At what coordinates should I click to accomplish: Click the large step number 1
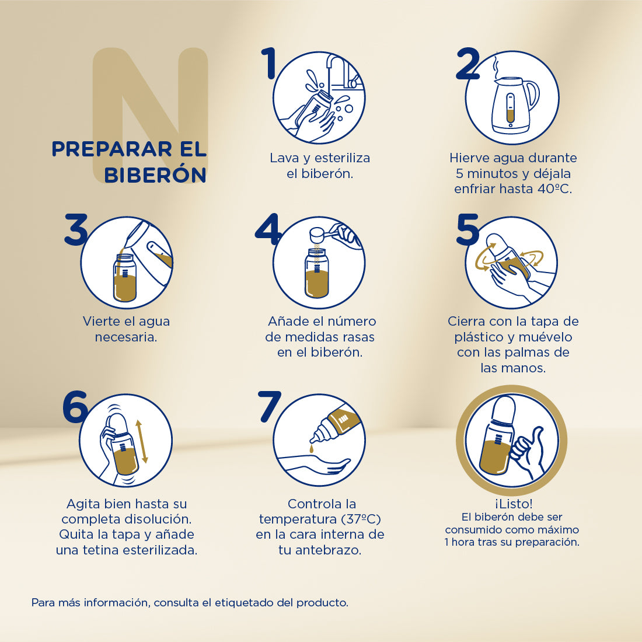269,64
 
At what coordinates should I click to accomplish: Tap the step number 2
467,64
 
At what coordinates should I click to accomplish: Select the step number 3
76,229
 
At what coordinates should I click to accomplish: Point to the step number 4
269,229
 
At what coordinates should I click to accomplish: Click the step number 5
467,229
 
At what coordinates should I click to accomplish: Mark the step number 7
270,407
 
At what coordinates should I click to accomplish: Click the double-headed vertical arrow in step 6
141,441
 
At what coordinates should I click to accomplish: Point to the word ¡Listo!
513,503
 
